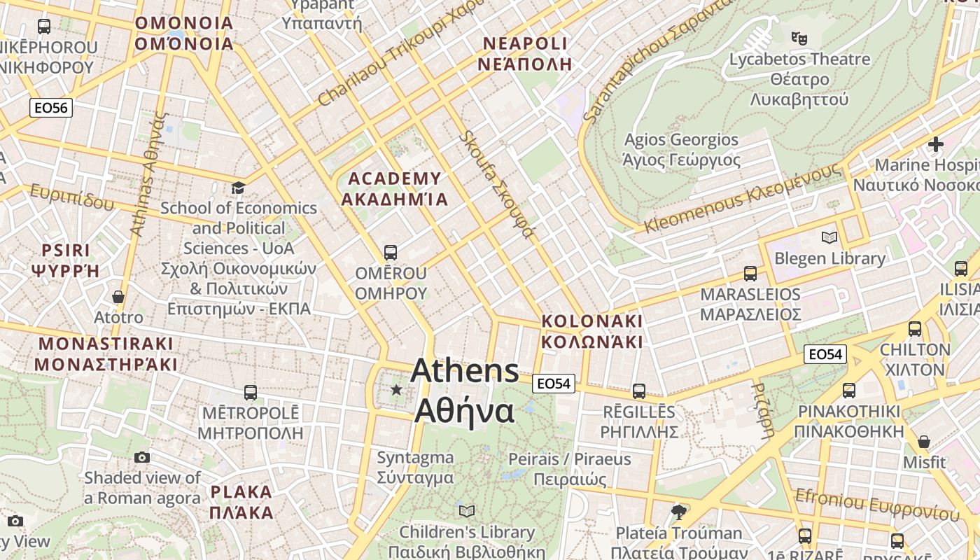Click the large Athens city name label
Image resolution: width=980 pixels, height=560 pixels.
465,391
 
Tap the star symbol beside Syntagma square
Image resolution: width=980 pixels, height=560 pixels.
396,389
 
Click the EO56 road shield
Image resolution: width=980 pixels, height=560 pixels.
51,108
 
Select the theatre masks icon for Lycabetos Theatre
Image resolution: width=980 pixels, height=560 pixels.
799,37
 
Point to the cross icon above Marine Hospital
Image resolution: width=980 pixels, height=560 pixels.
935,145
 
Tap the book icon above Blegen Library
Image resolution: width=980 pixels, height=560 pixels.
829,238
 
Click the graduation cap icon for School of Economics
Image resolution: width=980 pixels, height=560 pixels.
238,188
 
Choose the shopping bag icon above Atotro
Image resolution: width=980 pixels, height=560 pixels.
118,297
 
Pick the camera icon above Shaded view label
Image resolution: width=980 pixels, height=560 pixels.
142,458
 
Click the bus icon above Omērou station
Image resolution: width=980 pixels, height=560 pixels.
391,252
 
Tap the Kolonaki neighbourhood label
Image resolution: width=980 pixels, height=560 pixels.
591,331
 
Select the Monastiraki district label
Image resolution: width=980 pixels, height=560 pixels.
106,354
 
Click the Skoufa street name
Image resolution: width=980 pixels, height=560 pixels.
496,185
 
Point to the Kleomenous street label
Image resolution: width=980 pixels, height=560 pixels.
742,199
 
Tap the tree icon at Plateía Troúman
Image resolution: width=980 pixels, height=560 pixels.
677,512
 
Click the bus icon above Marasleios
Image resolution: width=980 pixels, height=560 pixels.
750,273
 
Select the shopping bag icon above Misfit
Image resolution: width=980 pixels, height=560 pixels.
924,442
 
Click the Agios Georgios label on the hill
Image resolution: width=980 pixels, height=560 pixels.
681,150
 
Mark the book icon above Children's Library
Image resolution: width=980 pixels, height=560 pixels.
467,511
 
